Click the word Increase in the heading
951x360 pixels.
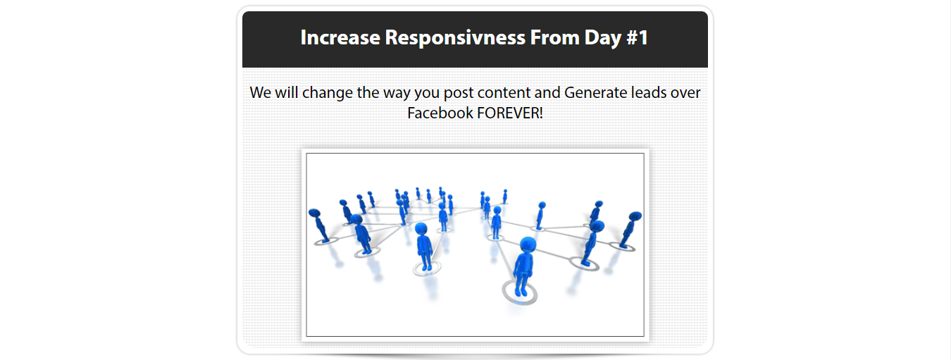(x=340, y=37)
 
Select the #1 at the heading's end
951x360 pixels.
(x=638, y=37)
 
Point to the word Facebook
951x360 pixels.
(x=440, y=113)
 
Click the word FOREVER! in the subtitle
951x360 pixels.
(x=510, y=113)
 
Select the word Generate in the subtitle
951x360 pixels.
(x=595, y=92)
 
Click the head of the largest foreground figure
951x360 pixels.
(x=528, y=245)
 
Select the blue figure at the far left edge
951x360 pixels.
(x=318, y=225)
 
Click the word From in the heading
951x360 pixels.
(x=555, y=37)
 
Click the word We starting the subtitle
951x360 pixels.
(x=260, y=92)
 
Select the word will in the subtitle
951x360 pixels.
(x=287, y=92)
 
